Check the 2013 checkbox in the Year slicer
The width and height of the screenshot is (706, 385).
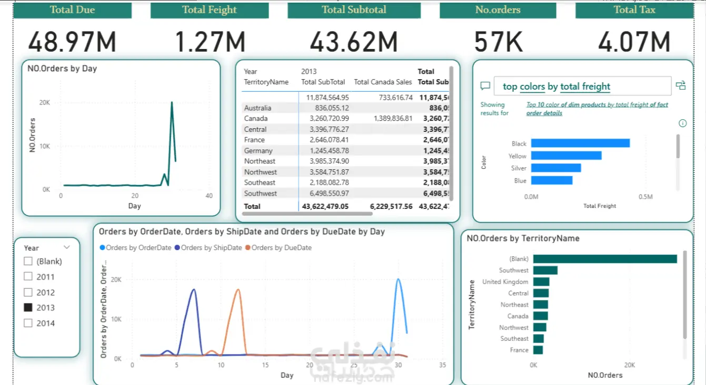28,307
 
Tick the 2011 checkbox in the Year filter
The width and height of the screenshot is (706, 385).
28,277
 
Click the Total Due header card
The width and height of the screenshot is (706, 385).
72,10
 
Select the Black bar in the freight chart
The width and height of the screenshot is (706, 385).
580,143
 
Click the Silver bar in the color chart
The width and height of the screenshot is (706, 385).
555,168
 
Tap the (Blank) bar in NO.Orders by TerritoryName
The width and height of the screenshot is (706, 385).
605,259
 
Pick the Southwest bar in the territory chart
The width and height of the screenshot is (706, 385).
545,271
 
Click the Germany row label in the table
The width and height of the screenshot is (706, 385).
258,151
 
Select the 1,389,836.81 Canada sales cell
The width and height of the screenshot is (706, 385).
386,119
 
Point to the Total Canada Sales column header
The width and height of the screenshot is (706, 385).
383,82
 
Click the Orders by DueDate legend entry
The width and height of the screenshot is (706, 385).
281,247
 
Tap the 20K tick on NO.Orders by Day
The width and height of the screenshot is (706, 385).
45,103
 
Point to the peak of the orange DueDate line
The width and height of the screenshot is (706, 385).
238,290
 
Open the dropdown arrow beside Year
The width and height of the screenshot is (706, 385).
67,247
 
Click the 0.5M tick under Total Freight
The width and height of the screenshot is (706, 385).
645,197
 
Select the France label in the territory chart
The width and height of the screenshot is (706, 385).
519,350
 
